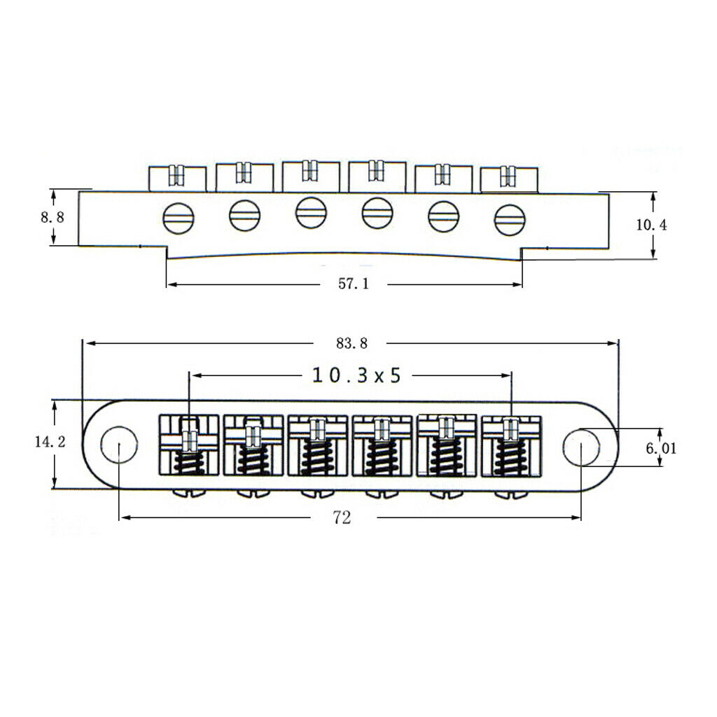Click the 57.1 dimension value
point(354,284)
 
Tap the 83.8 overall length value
point(351,343)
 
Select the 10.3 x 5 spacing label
point(356,375)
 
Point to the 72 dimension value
point(342,517)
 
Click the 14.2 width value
point(50,441)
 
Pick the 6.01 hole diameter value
point(661,448)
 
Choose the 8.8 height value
point(53,217)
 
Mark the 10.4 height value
point(652,225)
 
